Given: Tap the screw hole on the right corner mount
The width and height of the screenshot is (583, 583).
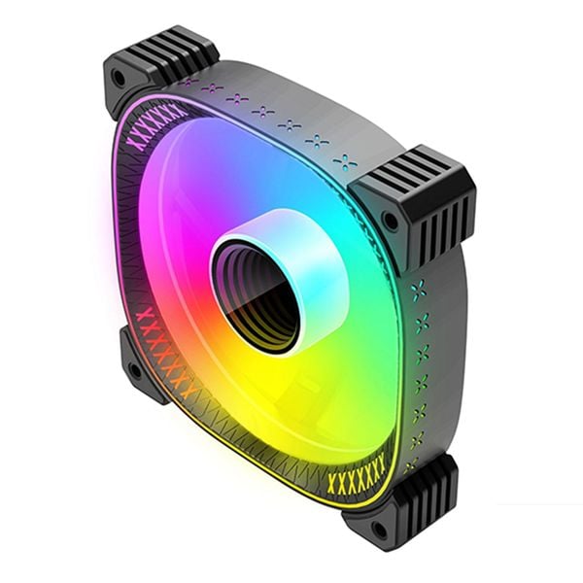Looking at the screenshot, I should coord(390,222).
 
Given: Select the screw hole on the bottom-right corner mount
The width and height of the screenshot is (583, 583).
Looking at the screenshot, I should coord(379,531).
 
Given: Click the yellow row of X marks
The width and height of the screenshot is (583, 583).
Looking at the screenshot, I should coord(357,481).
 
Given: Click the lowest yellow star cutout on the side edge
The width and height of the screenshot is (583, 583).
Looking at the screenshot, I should coord(412,465).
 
